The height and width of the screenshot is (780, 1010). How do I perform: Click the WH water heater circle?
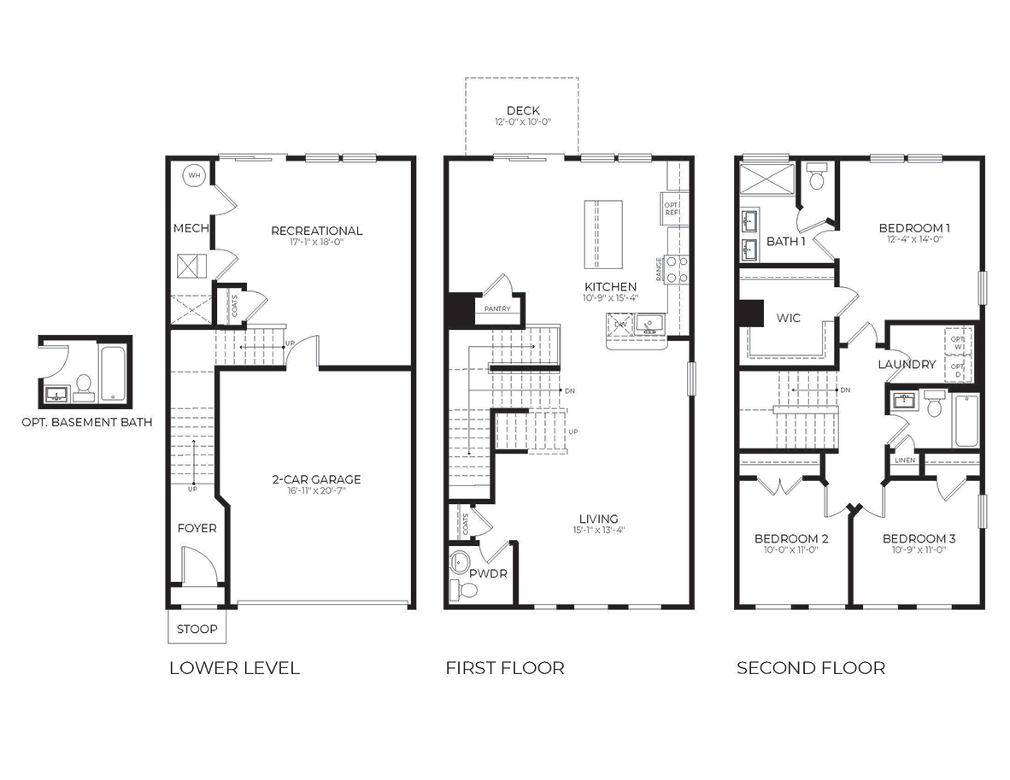pos(193,175)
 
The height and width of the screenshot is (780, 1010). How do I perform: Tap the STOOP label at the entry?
pos(197,630)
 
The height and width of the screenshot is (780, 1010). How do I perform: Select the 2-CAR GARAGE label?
pos(316,479)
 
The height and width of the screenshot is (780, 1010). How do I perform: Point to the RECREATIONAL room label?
pos(316,231)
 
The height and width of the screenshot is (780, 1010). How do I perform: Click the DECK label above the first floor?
pos(523,111)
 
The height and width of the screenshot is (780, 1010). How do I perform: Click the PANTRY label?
pos(496,308)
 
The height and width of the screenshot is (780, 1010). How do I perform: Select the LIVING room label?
pos(598,519)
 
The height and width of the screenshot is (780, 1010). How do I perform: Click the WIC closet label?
pos(788,318)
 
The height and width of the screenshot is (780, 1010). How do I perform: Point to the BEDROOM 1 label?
pos(914,228)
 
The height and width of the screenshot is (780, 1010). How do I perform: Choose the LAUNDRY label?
pos(907,365)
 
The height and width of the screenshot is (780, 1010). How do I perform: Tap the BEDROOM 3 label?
pos(919,539)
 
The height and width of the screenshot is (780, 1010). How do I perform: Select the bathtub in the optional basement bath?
pos(113,372)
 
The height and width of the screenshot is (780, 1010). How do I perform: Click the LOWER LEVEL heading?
pos(234,668)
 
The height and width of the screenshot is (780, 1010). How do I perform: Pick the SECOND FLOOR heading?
pos(810,668)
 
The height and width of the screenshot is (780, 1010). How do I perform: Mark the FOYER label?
pos(197,528)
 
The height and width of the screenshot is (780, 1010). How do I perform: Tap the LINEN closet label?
pos(905,460)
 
